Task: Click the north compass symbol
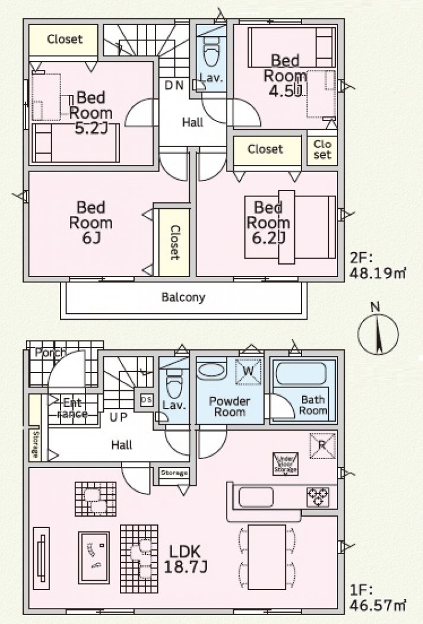(x=376, y=333)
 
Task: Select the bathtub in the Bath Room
(x=301, y=375)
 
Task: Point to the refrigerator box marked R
(x=322, y=445)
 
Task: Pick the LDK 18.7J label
(x=185, y=559)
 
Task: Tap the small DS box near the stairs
(x=145, y=399)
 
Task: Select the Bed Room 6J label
(x=91, y=223)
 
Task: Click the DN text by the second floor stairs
(x=174, y=85)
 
